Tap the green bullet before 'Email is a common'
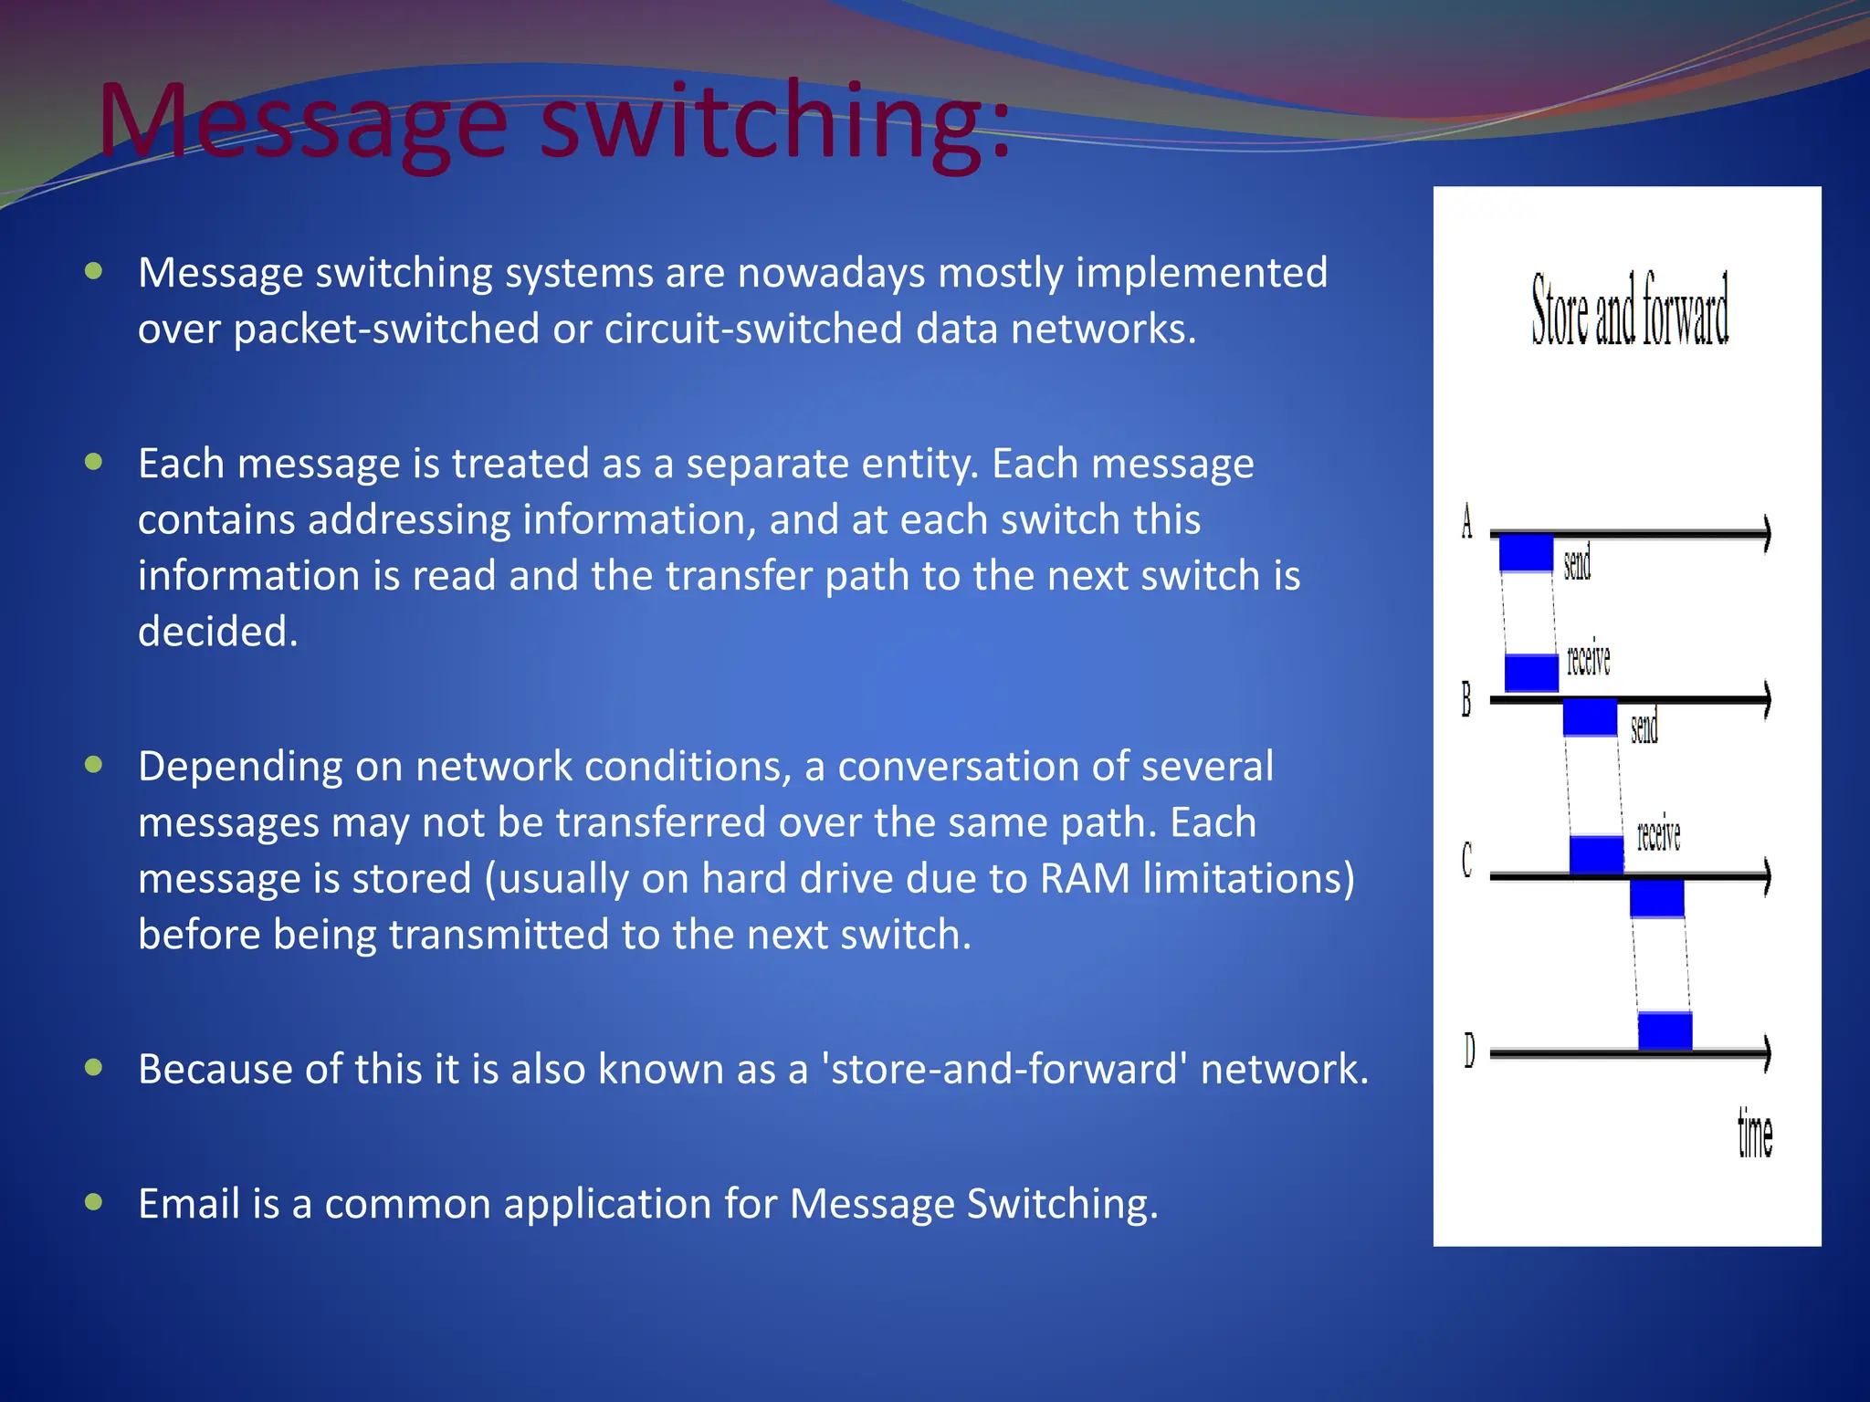93,1201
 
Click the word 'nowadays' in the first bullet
831,273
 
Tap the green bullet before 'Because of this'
93,1067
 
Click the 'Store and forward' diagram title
1630,310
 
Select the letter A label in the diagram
1466,522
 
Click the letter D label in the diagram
1469,1050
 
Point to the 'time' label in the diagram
1754,1135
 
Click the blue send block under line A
1526,553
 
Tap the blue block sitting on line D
1665,1031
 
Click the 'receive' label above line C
1658,834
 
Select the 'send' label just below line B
1644,727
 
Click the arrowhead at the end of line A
1767,533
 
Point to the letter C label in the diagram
1467,859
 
